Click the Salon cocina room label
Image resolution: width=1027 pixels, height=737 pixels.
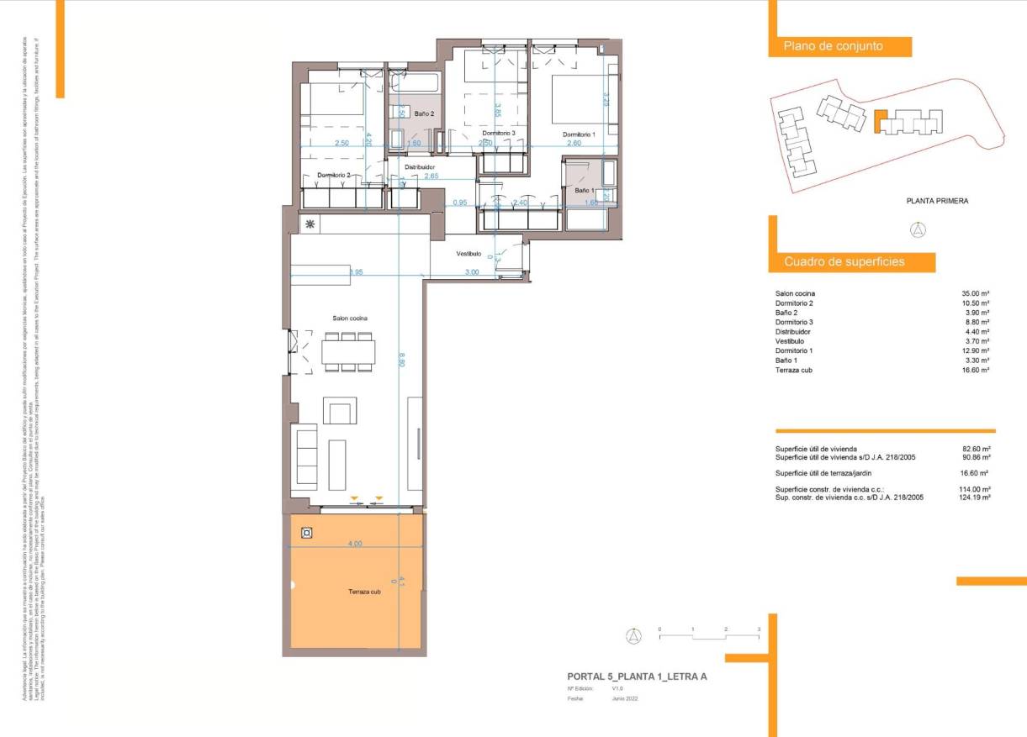[x=348, y=318]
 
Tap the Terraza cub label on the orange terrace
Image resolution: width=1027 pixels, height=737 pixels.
[x=365, y=592]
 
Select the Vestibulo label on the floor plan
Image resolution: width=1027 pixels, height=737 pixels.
[x=469, y=253]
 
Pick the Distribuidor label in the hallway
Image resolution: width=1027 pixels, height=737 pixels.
[x=418, y=167]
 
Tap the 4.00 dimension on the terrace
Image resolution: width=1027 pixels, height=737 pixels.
[x=355, y=544]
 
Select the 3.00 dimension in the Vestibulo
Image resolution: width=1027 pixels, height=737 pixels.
[x=472, y=272]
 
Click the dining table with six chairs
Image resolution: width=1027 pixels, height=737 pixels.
[x=347, y=351]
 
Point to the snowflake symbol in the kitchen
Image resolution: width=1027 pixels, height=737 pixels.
[x=310, y=224]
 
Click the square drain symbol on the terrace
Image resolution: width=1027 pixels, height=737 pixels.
[x=307, y=532]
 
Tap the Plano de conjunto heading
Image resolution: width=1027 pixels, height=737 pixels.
[x=833, y=46]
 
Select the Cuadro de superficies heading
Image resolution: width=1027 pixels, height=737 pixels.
[x=844, y=261]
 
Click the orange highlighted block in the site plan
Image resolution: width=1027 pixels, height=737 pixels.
[x=881, y=123]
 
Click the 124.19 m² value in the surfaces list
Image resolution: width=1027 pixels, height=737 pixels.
[x=976, y=497]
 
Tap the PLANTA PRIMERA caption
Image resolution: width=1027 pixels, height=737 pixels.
[x=937, y=201]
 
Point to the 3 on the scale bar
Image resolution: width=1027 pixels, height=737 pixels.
[x=758, y=629]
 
